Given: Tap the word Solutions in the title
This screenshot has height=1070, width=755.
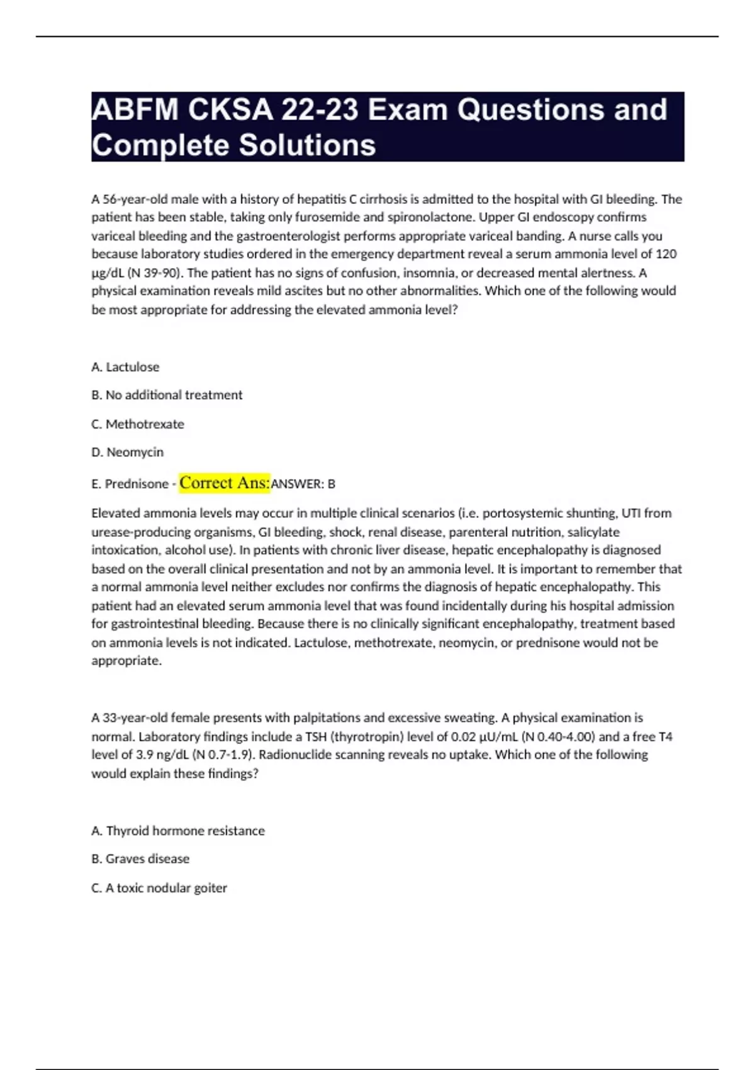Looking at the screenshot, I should [307, 145].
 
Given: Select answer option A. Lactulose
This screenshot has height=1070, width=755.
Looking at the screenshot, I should [125, 367].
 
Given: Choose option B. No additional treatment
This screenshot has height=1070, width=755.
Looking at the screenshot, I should [167, 395].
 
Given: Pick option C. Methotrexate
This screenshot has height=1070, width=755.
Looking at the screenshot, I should [138, 424].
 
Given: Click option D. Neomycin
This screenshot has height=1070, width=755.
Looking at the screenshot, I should [127, 453].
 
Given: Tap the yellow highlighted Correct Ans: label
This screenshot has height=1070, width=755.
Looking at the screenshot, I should [225, 483].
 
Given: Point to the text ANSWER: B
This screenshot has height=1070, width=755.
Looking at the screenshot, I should [303, 484].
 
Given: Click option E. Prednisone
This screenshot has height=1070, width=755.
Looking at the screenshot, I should [130, 484].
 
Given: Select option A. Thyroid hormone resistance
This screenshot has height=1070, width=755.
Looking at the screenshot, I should [178, 831].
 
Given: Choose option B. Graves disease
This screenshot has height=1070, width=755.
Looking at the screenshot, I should [140, 859].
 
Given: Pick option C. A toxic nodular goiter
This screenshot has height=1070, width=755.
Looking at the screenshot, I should [159, 888].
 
